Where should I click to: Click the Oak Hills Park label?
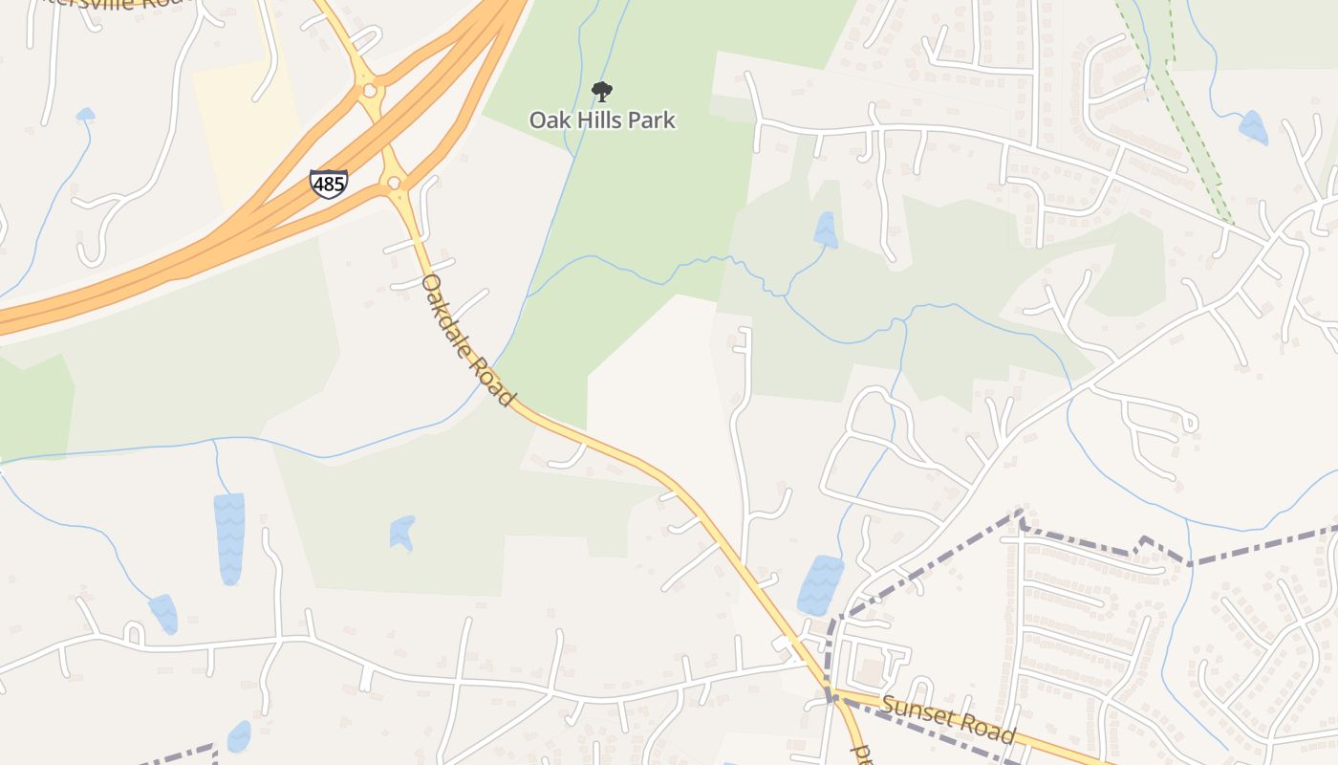coord(602,120)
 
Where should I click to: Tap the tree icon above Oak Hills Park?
coord(601,92)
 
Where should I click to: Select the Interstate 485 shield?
coord(328,184)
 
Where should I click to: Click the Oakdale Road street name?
coord(467,339)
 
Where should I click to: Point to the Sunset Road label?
coord(947,719)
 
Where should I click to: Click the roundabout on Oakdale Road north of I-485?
coord(369,91)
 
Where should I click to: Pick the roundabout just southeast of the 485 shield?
coord(393,182)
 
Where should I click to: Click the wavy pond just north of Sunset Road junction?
coord(820,584)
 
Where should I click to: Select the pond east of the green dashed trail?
coord(1253,128)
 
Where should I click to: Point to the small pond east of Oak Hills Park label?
coord(824,229)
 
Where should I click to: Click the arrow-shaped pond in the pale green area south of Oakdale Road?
coord(402,533)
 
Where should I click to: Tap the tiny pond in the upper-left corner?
coord(85,115)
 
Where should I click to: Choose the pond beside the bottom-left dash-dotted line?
coord(239,736)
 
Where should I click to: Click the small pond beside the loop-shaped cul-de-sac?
coord(163,613)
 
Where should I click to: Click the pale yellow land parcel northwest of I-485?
coord(244,124)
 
